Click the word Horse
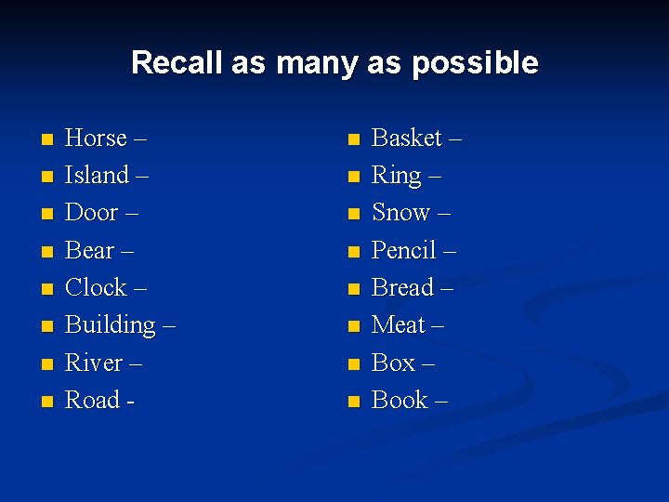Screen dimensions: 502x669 [96, 139]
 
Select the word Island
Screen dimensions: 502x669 [97, 176]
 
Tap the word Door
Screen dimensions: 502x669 [91, 213]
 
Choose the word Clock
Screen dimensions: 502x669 [96, 288]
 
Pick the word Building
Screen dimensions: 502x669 [110, 326]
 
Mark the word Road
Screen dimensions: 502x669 [92, 401]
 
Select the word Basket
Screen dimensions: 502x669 [406, 139]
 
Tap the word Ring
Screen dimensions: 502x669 [396, 176]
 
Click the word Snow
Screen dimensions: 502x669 [400, 213]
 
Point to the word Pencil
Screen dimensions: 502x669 [404, 251]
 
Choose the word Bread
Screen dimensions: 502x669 [402, 288]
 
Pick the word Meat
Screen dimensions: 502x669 [398, 325]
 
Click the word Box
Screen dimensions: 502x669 [393, 363]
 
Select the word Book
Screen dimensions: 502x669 [400, 401]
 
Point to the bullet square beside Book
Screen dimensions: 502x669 [352, 403]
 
